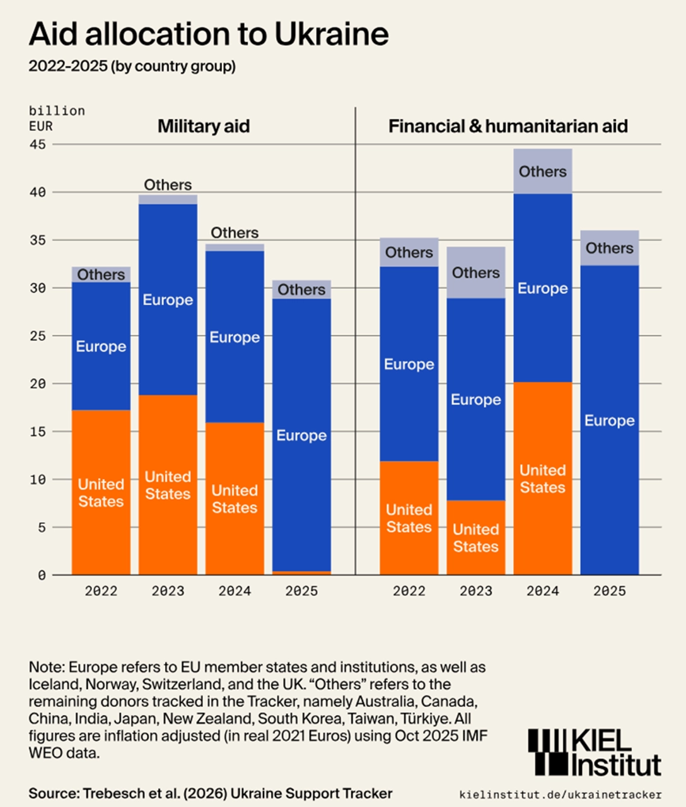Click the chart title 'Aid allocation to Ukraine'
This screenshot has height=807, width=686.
pos(208,34)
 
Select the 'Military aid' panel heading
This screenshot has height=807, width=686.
pos(204,126)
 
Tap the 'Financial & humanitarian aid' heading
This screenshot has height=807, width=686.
pos(508,126)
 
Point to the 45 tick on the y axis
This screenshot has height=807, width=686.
pos(38,144)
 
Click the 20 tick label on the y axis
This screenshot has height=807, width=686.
pos(38,383)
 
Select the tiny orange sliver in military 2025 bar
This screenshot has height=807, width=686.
pos(301,573)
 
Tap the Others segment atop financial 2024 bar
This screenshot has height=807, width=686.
pos(543,171)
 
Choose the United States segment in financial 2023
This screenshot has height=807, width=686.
pos(476,538)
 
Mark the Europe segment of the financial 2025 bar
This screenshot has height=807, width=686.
pos(610,420)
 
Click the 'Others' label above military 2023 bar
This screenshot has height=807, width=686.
pos(168,185)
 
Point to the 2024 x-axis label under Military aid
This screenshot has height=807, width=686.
pos(235,591)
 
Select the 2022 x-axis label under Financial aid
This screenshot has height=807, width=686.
pos(409,591)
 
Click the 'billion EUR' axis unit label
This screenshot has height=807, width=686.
pos(56,118)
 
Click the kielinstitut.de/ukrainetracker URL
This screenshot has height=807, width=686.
pos(561,794)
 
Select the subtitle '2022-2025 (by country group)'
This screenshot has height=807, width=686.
pos(132,66)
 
